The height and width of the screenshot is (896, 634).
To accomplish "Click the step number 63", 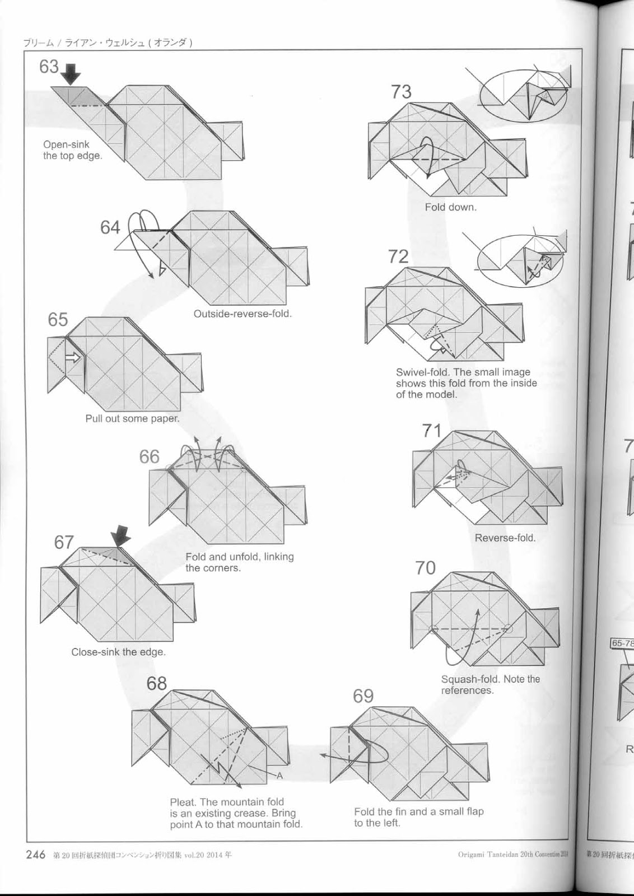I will (x=49, y=67).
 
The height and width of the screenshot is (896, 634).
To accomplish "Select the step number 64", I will (x=110, y=227).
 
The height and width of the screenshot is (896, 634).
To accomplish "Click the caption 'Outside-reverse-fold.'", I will (x=243, y=314).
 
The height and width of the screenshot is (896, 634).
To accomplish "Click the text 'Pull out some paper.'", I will (x=132, y=418).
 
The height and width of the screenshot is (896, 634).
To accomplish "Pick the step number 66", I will (x=150, y=457).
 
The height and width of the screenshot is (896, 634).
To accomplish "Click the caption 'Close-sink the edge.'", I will (x=118, y=652).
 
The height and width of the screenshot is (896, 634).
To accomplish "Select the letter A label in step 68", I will (x=279, y=776).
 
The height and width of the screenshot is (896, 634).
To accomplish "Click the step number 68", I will (x=157, y=684).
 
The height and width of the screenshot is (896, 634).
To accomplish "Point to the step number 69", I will (x=363, y=696).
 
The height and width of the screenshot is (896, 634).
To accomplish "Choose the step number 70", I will (x=425, y=568).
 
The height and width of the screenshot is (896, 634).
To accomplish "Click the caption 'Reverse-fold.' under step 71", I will (x=505, y=538).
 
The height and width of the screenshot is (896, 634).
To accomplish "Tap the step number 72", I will (x=398, y=256).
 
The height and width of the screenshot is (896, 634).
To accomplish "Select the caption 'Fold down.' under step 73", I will (x=450, y=207).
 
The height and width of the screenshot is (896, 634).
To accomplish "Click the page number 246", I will (x=36, y=855).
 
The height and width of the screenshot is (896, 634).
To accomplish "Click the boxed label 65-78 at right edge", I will (x=622, y=643).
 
